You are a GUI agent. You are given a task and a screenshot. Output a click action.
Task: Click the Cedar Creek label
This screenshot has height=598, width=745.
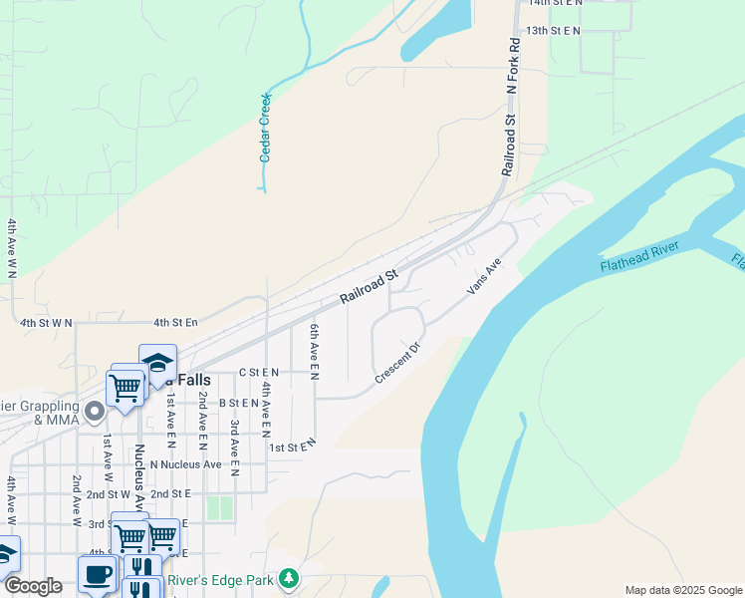266,128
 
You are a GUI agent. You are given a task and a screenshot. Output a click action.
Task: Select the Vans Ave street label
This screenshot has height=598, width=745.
483,276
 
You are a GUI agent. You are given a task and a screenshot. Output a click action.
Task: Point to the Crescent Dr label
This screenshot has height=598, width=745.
398,364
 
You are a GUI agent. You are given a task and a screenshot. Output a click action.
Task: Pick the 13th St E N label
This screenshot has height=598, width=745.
553,31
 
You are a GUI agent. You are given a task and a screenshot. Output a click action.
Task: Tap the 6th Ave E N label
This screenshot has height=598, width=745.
314,352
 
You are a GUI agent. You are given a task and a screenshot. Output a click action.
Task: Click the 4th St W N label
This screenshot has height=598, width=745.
48,323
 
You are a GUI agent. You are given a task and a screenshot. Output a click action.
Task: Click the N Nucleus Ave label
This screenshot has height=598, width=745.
185,464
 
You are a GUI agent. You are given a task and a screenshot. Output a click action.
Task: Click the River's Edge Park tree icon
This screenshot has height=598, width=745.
289,578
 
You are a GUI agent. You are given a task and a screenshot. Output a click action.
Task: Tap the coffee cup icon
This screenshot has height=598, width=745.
97,574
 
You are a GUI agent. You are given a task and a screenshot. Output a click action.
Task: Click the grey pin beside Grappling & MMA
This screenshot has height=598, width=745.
95,411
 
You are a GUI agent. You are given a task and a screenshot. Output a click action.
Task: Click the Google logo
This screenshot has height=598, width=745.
33,586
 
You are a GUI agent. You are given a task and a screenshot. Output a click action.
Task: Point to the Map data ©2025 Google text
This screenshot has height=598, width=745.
682,590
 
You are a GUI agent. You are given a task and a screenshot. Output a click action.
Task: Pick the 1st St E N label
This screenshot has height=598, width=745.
292,446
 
